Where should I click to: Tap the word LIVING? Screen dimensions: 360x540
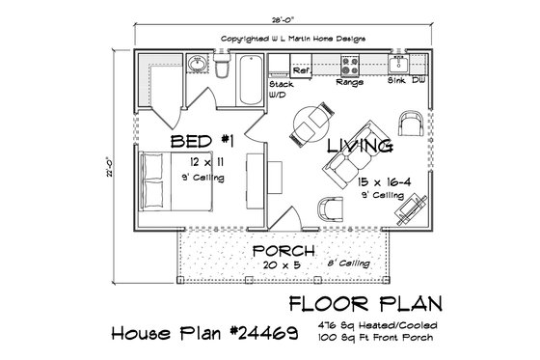[x=358, y=147]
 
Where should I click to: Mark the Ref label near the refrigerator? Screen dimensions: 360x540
[x=300, y=70]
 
